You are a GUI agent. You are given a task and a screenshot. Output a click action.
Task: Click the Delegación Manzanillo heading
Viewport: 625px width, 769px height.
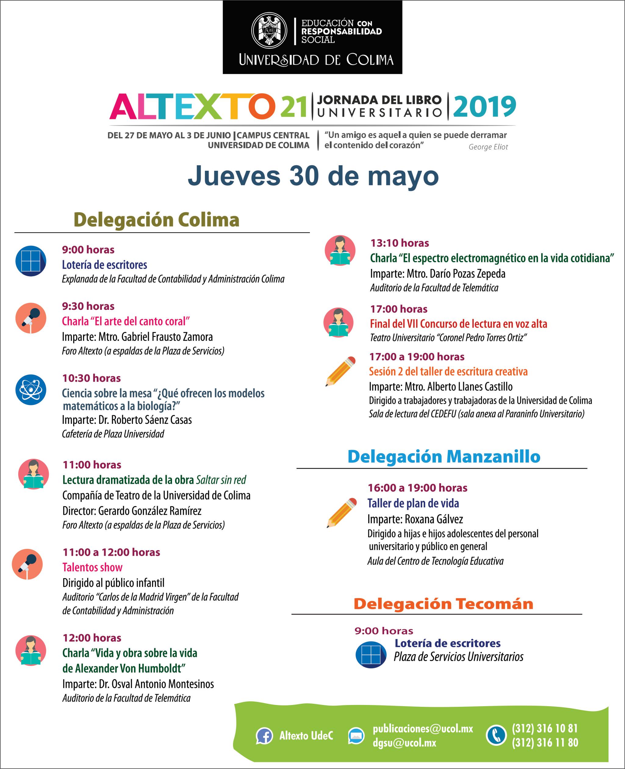(444, 457)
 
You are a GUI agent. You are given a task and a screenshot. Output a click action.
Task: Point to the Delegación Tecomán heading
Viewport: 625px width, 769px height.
(443, 604)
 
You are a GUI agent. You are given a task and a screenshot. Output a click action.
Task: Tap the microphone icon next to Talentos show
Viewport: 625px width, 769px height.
(27, 563)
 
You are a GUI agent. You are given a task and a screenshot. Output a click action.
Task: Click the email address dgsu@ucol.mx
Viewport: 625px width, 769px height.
(404, 743)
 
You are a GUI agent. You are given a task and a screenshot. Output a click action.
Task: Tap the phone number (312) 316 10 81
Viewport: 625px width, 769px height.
(545, 728)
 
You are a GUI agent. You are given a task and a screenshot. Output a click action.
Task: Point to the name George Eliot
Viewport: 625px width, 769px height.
(488, 147)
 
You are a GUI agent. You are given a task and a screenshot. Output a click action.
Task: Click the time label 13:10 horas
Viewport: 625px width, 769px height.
(400, 243)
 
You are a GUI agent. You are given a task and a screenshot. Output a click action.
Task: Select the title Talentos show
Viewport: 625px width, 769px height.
(92, 567)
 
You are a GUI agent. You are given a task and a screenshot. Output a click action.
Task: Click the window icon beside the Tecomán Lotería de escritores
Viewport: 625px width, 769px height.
(371, 655)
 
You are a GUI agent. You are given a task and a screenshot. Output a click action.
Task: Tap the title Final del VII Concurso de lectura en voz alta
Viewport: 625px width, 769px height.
(458, 324)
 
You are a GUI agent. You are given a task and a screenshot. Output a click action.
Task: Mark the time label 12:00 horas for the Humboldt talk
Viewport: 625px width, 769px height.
(92, 638)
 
